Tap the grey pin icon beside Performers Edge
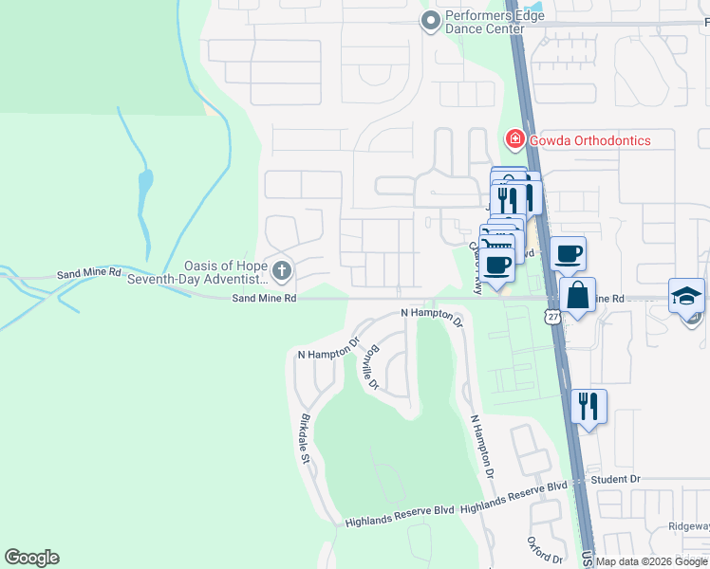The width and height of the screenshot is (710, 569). tap(432, 20)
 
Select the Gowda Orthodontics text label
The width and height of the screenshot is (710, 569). tap(589, 140)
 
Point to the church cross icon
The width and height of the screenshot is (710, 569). tap(282, 271)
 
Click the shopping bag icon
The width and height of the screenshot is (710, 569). tap(577, 296)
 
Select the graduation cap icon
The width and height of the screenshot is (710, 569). tap(686, 296)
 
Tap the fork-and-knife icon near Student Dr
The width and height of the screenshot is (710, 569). tap(589, 407)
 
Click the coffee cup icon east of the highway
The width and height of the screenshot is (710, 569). tap(568, 254)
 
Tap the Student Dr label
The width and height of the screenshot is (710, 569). tap(616, 480)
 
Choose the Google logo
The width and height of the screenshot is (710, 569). tap(31, 558)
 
